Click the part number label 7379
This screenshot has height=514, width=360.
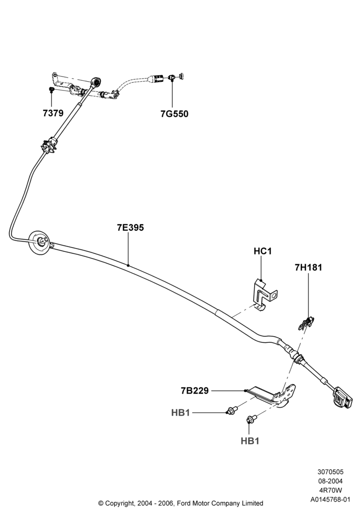pyautogui.click(x=53, y=113)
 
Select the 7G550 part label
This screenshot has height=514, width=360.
pyautogui.click(x=174, y=114)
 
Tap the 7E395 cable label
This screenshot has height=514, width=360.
pyautogui.click(x=131, y=228)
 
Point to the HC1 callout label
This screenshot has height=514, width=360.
pyautogui.click(x=263, y=251)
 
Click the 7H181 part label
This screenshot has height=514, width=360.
pyautogui.click(x=308, y=267)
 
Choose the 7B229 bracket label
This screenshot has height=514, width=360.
pyautogui.click(x=195, y=391)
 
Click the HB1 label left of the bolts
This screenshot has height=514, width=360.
pyautogui.click(x=181, y=412)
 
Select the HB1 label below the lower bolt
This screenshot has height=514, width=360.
pyautogui.click(x=250, y=441)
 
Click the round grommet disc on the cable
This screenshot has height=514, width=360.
pyautogui.click(x=40, y=243)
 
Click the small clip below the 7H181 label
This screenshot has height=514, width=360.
pyautogui.click(x=306, y=323)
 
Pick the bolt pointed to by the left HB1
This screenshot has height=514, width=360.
pyautogui.click(x=232, y=410)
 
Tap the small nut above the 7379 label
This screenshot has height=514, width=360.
pyautogui.click(x=51, y=89)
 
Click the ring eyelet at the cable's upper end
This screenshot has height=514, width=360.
pyautogui.click(x=96, y=81)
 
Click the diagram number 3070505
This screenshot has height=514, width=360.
pyautogui.click(x=330, y=472)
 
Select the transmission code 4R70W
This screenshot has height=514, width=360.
pyautogui.click(x=331, y=490)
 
